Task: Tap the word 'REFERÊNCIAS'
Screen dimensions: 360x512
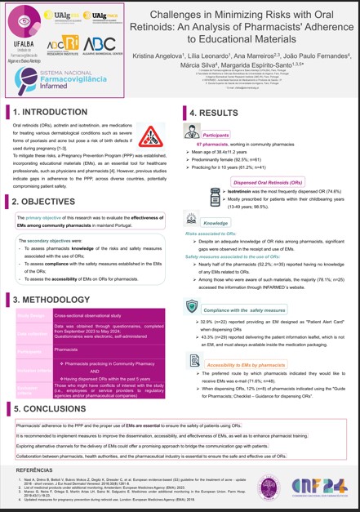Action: pyautogui.click(x=33, y=471)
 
